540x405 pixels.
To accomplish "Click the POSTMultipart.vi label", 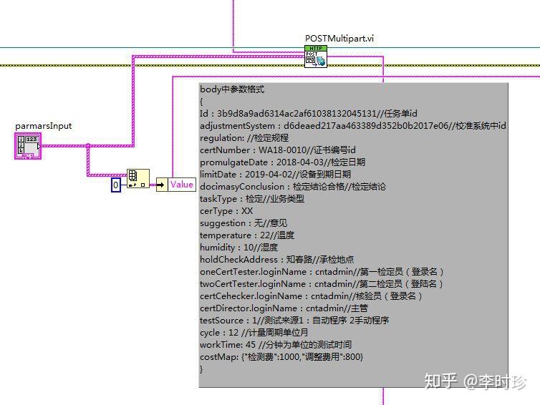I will (x=339, y=39).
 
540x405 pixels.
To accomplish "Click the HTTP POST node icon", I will (x=315, y=57).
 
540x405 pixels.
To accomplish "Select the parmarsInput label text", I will (x=44, y=126).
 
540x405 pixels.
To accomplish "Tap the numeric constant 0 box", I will (x=116, y=185).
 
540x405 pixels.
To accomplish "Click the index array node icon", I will (x=138, y=177).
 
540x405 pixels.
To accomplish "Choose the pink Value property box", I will (x=181, y=185).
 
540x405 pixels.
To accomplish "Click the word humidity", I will (x=218, y=248).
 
